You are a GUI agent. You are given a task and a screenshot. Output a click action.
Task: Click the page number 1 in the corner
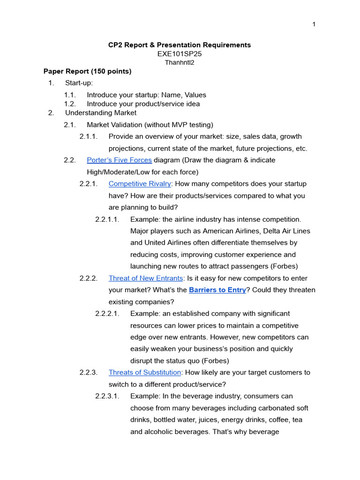click(314, 24)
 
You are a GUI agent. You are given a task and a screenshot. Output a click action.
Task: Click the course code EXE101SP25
click(180, 54)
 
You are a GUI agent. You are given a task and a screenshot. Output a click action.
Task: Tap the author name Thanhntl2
click(180, 62)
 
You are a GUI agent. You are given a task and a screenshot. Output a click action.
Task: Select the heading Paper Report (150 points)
click(88, 72)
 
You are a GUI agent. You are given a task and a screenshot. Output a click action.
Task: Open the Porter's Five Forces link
click(119, 160)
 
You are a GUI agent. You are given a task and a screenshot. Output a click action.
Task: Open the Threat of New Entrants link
click(146, 278)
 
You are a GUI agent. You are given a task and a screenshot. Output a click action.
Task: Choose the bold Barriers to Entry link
click(217, 290)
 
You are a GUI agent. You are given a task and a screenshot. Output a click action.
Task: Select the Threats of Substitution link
click(145, 373)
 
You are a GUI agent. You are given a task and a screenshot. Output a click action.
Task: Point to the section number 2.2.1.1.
click(107, 219)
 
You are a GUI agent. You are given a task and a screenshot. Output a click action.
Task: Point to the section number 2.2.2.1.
click(107, 314)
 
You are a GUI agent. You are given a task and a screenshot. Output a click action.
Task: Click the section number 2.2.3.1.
click(107, 396)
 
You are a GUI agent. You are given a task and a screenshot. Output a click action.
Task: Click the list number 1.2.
click(70, 104)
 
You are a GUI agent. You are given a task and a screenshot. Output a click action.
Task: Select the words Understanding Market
click(101, 113)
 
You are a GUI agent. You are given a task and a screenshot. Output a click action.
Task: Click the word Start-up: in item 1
click(79, 83)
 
